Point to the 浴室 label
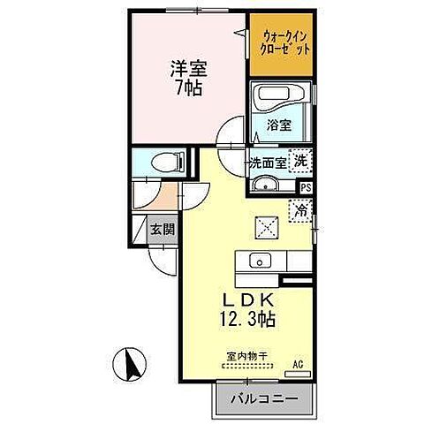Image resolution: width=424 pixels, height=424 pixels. [x=278, y=125]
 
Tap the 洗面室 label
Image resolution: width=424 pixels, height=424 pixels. [x=267, y=163]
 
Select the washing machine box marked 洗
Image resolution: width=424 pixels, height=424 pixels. [x=301, y=162]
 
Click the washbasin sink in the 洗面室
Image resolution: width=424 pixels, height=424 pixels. [x=265, y=185]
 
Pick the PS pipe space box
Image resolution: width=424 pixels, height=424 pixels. [x=306, y=188]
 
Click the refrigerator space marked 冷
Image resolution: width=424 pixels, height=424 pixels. [x=301, y=211]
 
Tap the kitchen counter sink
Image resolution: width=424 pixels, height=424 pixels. [x=260, y=261]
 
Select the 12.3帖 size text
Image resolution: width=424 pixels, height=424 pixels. [x=239, y=319]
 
